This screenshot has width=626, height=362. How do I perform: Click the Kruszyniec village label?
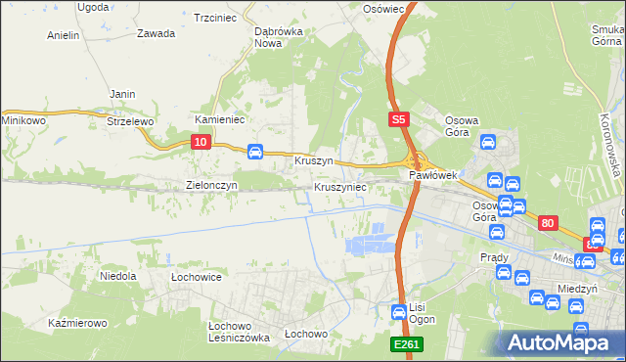340,186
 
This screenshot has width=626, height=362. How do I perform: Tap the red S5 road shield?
396,120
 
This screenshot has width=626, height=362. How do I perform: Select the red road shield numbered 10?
200,142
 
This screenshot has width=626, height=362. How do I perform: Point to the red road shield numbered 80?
546,223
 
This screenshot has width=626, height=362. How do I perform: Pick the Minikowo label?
24,119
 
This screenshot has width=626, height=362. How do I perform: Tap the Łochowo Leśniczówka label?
239,332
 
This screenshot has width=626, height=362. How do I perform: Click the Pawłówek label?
433,175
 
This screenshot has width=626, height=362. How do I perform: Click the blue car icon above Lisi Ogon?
399,312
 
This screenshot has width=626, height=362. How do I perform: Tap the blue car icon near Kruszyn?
254,151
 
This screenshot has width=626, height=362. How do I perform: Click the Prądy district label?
495,257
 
